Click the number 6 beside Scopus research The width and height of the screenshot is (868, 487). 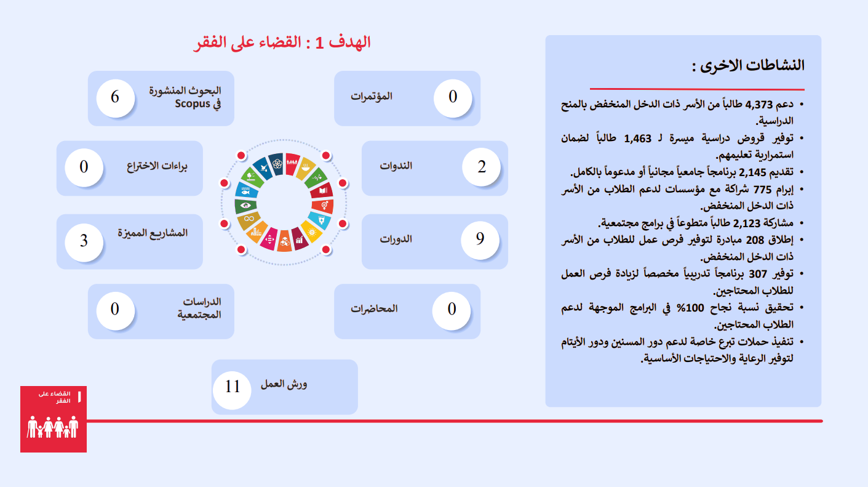coord(114,97)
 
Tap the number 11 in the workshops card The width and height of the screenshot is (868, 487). coord(233,386)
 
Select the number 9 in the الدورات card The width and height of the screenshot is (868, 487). coord(480,239)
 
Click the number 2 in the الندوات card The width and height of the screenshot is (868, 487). coord(482,167)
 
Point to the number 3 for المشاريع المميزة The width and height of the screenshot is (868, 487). coord(84,241)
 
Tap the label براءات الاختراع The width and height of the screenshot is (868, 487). coord(157,166)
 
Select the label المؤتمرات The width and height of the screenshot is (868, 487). coord(371,96)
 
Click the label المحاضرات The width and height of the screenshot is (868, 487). coord(374,308)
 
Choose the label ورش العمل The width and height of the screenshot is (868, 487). coord(284,384)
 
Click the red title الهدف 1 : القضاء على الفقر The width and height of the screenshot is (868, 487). coord(282,42)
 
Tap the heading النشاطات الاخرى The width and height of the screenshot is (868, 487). coord(748,65)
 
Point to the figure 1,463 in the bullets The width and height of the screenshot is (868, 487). coord(638,139)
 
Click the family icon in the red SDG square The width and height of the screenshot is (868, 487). coord(53,427)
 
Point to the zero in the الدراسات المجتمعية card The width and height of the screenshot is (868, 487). coord(114,309)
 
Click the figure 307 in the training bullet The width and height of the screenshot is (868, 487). coord(758,274)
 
